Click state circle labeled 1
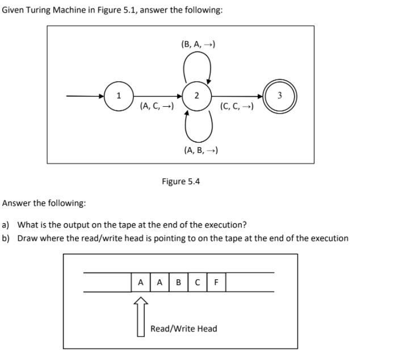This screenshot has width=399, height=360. pyautogui.click(x=118, y=96)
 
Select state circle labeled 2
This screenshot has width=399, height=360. pyautogui.click(x=196, y=96)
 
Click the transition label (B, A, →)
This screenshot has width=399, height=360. pyautogui.click(x=198, y=44)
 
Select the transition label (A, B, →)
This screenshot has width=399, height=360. pyautogui.click(x=201, y=150)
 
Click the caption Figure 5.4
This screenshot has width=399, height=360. pyautogui.click(x=180, y=182)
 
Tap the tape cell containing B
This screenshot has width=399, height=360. pyautogui.click(x=179, y=282)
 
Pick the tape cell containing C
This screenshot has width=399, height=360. pyautogui.click(x=198, y=282)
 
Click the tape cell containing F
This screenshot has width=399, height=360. pyautogui.click(x=216, y=282)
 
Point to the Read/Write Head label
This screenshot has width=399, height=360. pyautogui.click(x=183, y=329)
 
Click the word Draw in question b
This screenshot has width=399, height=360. pyautogui.click(x=27, y=238)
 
